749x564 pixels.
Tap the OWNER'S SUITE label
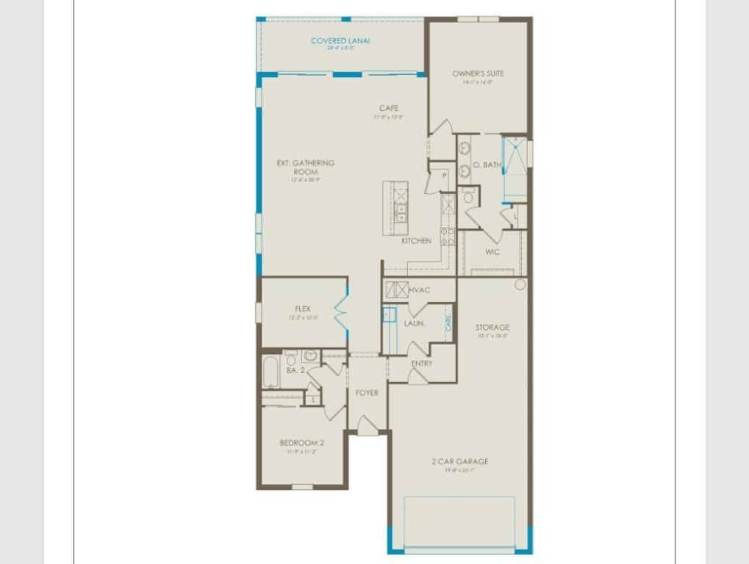click(x=478, y=73)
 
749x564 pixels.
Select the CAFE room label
click(x=389, y=108)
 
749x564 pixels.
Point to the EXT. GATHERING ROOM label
click(x=305, y=167)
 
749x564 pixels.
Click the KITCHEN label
click(x=416, y=241)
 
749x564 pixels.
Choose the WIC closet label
click(x=492, y=252)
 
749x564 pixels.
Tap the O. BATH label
click(x=486, y=165)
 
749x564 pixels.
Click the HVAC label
click(x=420, y=290)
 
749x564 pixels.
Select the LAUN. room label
click(x=415, y=323)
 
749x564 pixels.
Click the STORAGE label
click(x=492, y=328)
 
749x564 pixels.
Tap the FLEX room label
click(x=303, y=309)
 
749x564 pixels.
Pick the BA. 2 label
click(x=295, y=371)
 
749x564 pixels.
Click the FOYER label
click(x=367, y=393)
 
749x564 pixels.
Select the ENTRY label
click(x=422, y=364)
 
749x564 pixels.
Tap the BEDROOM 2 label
click(x=302, y=443)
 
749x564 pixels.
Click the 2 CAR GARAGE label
click(x=460, y=462)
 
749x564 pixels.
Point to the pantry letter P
click(x=445, y=176)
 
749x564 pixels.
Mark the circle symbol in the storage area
click(x=520, y=284)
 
